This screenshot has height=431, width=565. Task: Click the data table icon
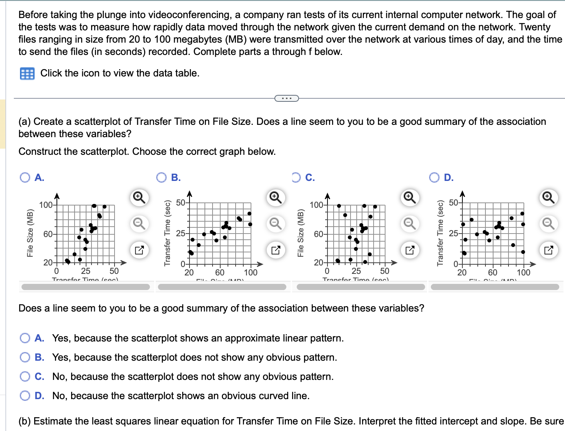tap(27, 73)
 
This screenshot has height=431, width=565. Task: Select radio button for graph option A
tap(25, 177)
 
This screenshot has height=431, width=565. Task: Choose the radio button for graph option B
tap(161, 177)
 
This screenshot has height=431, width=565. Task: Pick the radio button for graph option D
tap(434, 177)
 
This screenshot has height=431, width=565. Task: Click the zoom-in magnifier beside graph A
tap(139, 197)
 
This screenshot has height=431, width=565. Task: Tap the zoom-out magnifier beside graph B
tap(275, 223)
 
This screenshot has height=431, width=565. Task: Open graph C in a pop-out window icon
tap(410, 250)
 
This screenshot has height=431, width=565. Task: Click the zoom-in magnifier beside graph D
tap(548, 197)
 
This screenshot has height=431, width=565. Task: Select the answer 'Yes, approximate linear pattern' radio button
tap(25, 338)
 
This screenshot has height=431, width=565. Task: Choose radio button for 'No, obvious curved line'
tap(25, 396)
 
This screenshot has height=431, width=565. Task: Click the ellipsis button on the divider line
tap(286, 98)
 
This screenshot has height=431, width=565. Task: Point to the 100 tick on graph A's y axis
tap(46, 205)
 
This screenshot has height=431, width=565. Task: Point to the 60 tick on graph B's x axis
tap(220, 272)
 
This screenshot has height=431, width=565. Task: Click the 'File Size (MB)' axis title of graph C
tap(301, 233)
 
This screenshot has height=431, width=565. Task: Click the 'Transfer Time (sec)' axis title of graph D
tap(440, 233)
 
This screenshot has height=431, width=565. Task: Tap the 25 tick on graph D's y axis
tap(454, 233)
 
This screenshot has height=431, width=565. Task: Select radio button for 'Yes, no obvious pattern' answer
tap(25, 357)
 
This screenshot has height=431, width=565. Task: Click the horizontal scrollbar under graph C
tap(361, 287)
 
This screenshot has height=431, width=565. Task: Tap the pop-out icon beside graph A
tap(139, 250)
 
